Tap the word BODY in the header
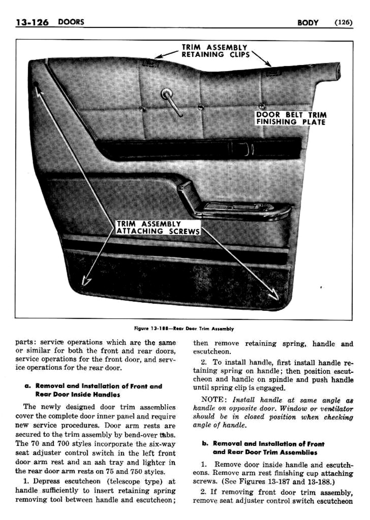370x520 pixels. pyautogui.click(x=308, y=23)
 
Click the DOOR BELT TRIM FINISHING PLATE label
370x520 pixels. pyautogui.click(x=291, y=119)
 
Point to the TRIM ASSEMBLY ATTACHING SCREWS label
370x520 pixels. pyautogui.click(x=158, y=228)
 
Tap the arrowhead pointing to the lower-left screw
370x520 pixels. pyautogui.click(x=85, y=280)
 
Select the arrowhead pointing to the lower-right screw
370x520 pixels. pyautogui.click(x=273, y=294)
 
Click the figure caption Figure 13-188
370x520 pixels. pyautogui.click(x=184, y=328)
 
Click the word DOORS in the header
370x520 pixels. pyautogui.click(x=71, y=22)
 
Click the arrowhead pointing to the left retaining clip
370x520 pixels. pyautogui.click(x=157, y=56)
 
